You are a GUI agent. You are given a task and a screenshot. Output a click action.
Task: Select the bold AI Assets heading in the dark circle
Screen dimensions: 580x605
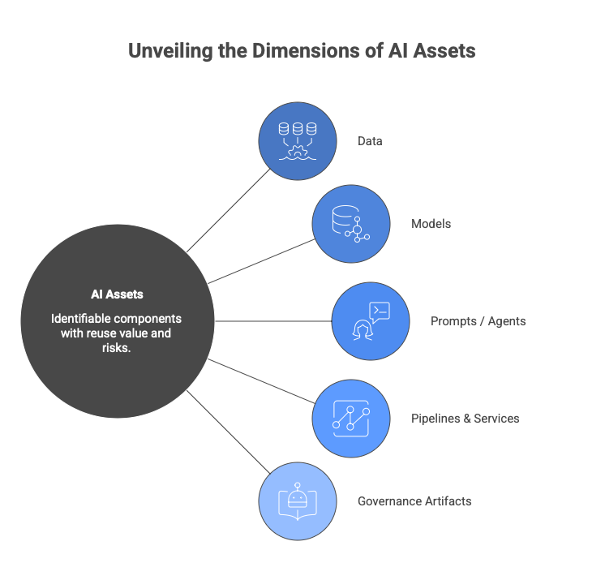click(117, 294)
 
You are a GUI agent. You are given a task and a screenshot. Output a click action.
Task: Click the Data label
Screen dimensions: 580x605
click(370, 141)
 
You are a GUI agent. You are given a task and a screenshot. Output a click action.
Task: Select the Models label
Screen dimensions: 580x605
click(431, 224)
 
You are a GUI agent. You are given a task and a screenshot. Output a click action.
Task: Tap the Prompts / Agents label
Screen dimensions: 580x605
click(478, 321)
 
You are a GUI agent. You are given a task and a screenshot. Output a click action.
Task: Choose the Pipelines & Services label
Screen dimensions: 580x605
click(465, 419)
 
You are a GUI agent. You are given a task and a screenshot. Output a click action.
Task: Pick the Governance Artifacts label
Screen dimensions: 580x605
click(414, 501)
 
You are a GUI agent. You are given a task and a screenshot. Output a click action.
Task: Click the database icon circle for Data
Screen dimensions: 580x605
click(297, 140)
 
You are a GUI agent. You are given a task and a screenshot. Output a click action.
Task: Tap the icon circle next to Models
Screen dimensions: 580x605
click(351, 223)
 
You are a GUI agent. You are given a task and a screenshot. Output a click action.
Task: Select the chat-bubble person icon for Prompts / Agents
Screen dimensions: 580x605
click(371, 321)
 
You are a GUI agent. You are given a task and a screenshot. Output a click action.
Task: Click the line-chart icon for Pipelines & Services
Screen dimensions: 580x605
click(351, 419)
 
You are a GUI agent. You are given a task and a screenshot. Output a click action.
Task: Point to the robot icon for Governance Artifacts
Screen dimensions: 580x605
click(297, 501)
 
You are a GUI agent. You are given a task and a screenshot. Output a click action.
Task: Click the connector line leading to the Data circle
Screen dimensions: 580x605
click(230, 209)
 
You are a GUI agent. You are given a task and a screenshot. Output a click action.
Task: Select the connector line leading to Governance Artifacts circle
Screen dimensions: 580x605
click(230, 433)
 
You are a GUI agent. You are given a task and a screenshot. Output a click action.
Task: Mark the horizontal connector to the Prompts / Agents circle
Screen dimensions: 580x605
click(273, 321)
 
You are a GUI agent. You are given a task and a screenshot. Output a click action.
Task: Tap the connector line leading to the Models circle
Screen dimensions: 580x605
click(262, 260)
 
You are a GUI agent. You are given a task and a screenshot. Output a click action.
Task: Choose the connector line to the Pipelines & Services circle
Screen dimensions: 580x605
click(262, 381)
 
